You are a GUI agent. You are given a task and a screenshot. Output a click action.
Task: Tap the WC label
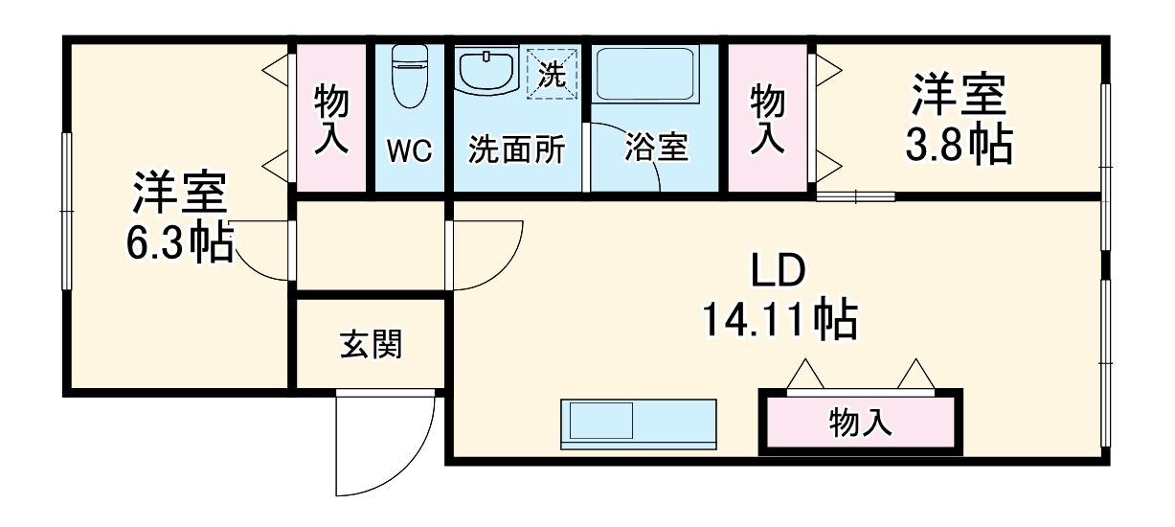(x=410, y=149)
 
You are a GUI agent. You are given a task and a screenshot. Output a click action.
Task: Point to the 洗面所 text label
(x=516, y=149)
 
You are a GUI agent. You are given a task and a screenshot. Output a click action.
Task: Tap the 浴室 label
(x=656, y=149)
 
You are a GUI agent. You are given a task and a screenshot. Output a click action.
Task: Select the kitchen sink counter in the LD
(x=638, y=422)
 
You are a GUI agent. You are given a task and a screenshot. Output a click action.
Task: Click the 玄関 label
(x=371, y=344)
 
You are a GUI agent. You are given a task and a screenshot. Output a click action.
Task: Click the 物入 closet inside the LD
(x=860, y=422)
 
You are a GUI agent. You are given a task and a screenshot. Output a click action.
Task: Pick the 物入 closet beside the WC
(x=331, y=118)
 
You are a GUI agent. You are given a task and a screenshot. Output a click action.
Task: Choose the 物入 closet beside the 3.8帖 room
(x=768, y=118)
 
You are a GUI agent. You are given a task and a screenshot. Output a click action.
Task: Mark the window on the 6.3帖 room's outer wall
(x=67, y=211)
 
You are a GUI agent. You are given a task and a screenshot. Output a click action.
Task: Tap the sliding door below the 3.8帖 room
(x=855, y=197)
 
